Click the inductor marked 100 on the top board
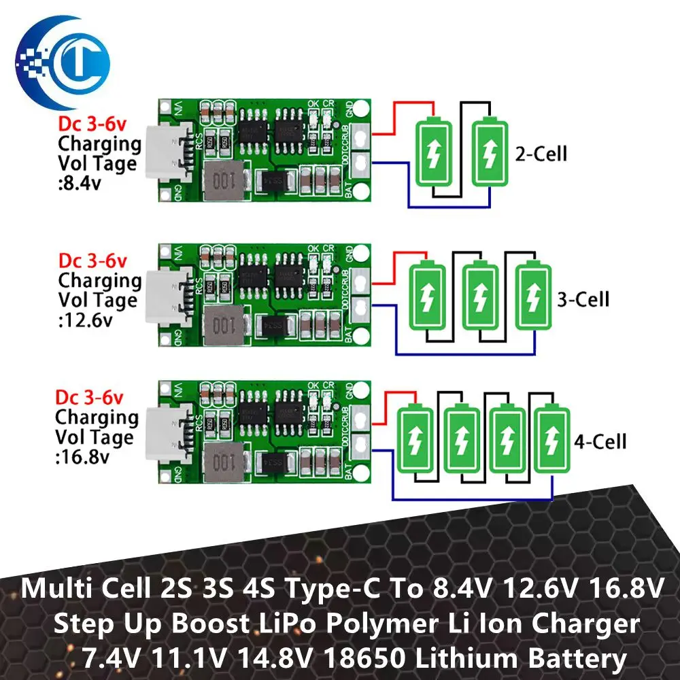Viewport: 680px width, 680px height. (x=221, y=180)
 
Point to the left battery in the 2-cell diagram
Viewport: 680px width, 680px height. (x=433, y=152)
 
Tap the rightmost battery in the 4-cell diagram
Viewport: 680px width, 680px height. (x=551, y=438)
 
